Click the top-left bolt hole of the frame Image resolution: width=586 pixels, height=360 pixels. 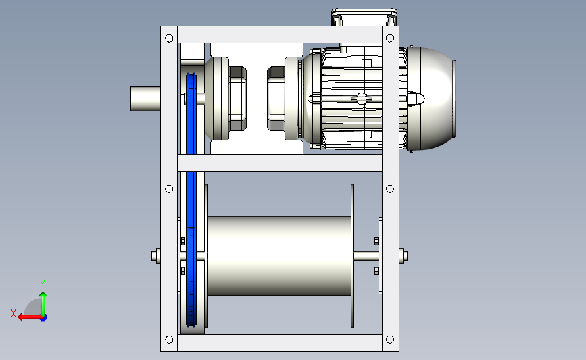pyautogui.click(x=169, y=38)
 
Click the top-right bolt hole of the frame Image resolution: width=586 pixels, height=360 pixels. pyautogui.click(x=390, y=38)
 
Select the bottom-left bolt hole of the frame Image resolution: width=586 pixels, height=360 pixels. pyautogui.click(x=169, y=340)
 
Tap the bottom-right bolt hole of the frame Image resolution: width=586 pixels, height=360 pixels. pyautogui.click(x=390, y=340)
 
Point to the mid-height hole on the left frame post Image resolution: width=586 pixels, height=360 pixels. pyautogui.click(x=169, y=189)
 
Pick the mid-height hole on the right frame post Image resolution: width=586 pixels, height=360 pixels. pyautogui.click(x=390, y=189)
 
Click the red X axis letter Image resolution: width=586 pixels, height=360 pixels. pyautogui.click(x=14, y=313)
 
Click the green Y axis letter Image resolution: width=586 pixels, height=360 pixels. pyautogui.click(x=43, y=284)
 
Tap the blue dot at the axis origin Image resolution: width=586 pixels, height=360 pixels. pyautogui.click(x=43, y=318)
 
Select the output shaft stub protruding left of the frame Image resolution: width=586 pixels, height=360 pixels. pyautogui.click(x=145, y=99)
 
